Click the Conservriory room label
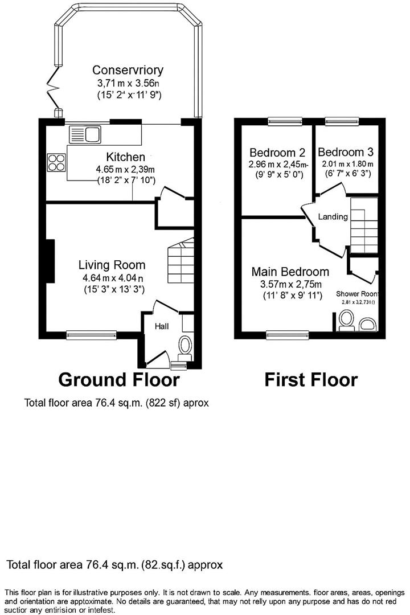pos(128,70)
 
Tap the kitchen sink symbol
pos(84,135)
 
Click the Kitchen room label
pos(125,157)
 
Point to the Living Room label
pos(112,265)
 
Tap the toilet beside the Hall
pos(185,345)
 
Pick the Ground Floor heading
pos(118,379)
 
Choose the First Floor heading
pos(310,379)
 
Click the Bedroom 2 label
pos(277,153)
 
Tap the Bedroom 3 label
pos(346,152)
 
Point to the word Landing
pos(333,217)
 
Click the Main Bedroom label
pos(290,272)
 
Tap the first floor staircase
pos(364,225)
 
